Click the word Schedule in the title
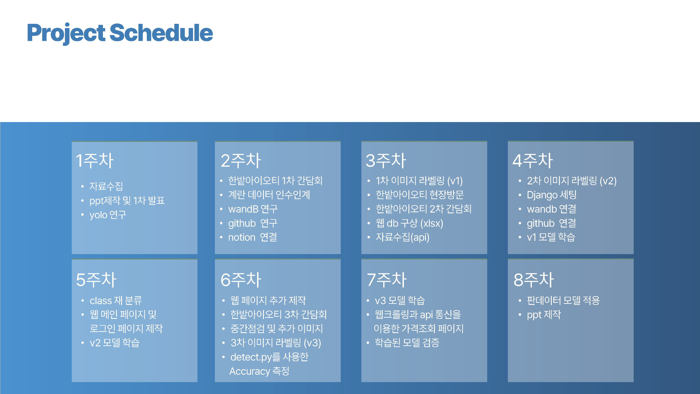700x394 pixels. coord(161,33)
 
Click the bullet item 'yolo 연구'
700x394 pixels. coord(108,215)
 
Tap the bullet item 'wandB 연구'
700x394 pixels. coord(253,209)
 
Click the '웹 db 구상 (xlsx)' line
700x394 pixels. coord(409,223)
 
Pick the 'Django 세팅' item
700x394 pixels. coord(552,195)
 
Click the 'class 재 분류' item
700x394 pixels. coord(116,300)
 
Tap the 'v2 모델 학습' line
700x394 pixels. coord(114,343)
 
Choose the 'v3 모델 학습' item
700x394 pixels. coord(400,300)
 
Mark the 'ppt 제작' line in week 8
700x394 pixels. coord(544,315)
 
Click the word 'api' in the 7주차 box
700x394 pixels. coord(426,315)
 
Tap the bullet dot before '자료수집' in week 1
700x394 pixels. coord(82,186)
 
